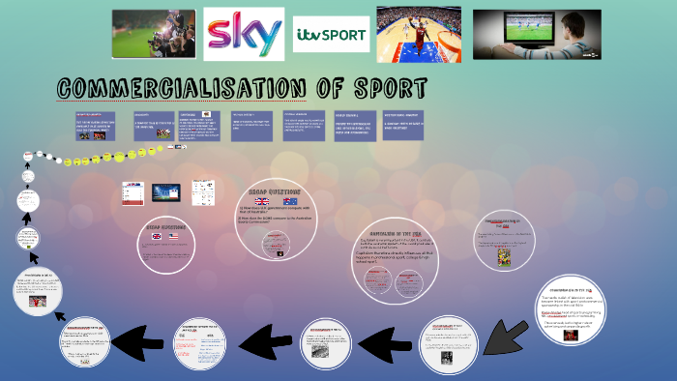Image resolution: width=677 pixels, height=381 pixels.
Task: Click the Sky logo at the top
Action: pos(244,35)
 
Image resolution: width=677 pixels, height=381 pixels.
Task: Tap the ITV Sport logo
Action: pos(331,36)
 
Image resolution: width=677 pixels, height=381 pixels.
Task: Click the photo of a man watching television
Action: pos(536,34)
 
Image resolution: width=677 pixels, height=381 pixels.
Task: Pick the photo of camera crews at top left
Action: pos(153,34)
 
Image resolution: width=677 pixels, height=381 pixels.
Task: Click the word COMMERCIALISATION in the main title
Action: pos(179,89)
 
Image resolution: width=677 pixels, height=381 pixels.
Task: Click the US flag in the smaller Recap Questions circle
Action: pos(174,235)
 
